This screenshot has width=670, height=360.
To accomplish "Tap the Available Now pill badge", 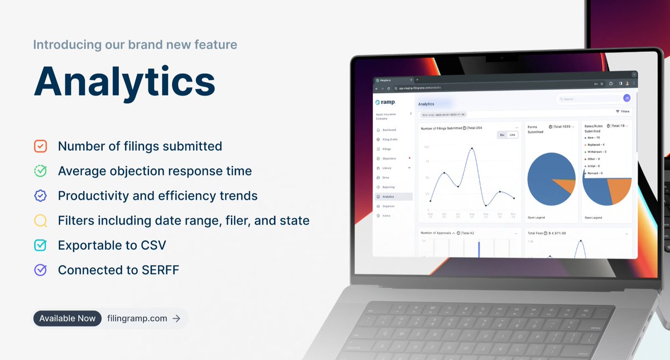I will coord(68,318).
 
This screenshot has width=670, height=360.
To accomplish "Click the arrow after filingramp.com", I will coord(176,318).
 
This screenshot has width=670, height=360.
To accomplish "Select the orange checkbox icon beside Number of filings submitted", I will coord(40,146).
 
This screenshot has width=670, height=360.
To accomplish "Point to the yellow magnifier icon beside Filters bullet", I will coord(40,220).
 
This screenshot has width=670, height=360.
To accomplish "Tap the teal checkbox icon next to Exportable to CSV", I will coord(40,245).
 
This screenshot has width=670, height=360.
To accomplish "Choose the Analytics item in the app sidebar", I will coord(389,196).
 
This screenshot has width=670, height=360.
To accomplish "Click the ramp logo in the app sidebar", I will coord(385,102).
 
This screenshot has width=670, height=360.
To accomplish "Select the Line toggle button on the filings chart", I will coord(513,135).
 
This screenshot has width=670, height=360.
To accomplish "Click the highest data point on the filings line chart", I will coord(472,148).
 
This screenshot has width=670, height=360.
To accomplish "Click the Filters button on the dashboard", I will coord(622,112).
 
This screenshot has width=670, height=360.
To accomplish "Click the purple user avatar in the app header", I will coord(626,98).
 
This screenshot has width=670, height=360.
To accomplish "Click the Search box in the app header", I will coord(586,99).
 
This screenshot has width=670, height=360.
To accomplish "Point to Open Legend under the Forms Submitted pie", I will coord(536,218).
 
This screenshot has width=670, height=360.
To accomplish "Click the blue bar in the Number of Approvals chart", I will coord(478,248).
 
